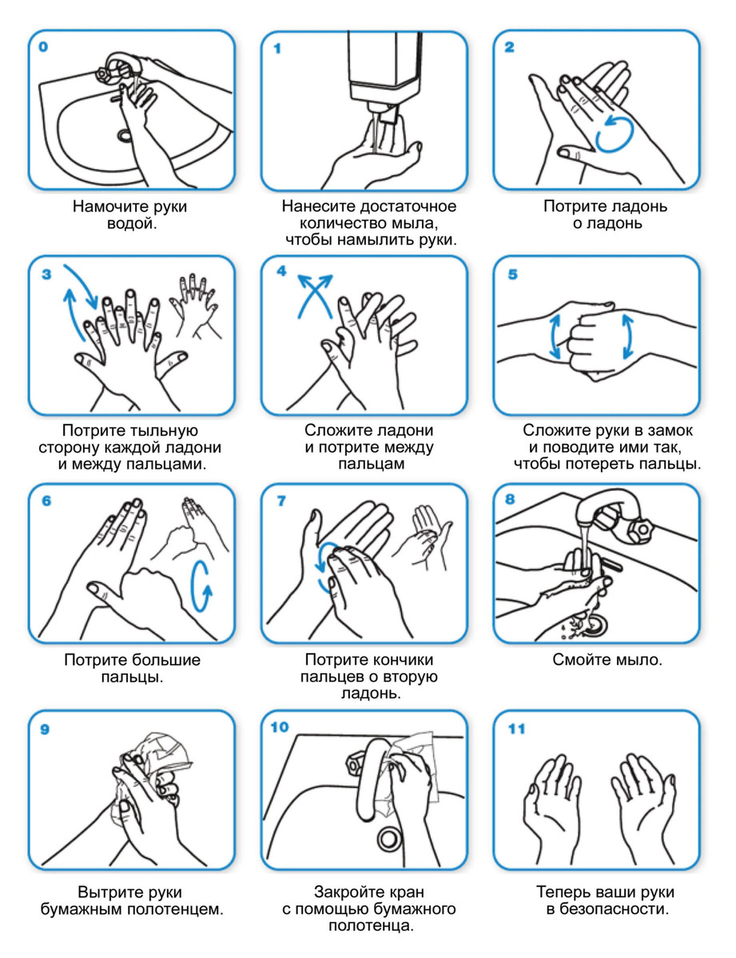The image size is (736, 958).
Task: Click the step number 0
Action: tap(43, 47)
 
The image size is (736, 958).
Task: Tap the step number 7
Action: tap(281, 501)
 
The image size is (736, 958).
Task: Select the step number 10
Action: tap(280, 727)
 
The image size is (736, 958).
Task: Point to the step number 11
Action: tap(516, 729)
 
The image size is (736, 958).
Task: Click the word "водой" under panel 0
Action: tap(130, 224)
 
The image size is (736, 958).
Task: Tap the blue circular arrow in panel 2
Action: tap(615, 133)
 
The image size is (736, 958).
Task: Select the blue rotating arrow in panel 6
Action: tap(201, 586)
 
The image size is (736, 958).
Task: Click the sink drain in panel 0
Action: tap(125, 135)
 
